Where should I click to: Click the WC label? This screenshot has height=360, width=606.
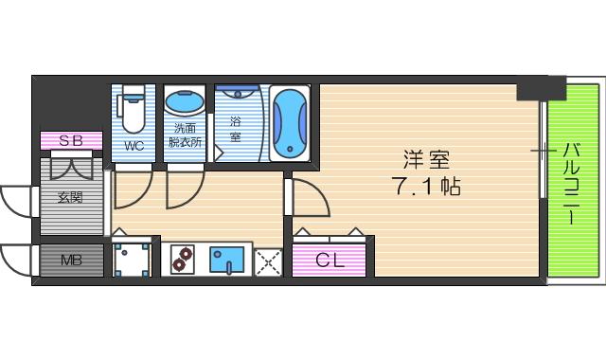tap(134, 146)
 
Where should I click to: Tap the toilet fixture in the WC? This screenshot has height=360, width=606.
tap(134, 109)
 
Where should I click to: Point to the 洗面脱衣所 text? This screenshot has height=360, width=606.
tap(185, 135)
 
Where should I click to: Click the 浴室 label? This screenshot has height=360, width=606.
tap(235, 128)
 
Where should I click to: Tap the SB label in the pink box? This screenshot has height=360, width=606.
tap(71, 141)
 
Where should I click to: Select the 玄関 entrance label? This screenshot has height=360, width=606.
tap(71, 198)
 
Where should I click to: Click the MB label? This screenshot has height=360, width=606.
tap(71, 260)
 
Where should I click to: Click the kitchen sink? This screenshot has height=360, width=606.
tap(227, 260)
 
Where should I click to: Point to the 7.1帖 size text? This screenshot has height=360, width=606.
tap(425, 186)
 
